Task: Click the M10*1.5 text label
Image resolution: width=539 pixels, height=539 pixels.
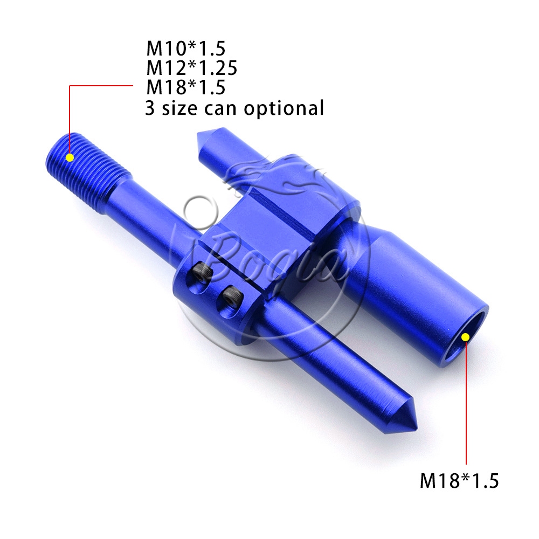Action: tap(186, 49)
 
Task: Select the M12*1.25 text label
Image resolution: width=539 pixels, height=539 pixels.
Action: tap(192, 68)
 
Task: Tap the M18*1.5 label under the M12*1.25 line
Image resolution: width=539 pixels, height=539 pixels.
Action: tap(186, 87)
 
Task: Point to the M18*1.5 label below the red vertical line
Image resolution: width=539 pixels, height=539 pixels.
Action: tap(459, 480)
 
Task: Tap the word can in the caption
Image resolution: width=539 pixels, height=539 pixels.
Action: tap(220, 109)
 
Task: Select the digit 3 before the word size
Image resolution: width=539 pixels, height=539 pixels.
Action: tap(149, 108)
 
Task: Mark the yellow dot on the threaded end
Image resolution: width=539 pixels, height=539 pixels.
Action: tap(70, 158)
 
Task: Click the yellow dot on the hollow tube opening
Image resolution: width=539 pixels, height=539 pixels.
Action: tap(465, 337)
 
